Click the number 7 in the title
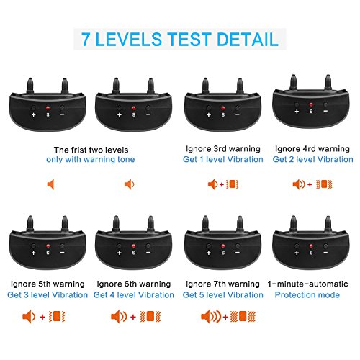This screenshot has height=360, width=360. click(x=86, y=39)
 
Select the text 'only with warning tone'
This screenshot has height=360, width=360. click(x=91, y=159)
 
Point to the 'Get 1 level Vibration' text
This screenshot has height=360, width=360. click(x=223, y=159)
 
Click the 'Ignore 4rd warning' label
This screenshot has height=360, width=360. click(x=312, y=149)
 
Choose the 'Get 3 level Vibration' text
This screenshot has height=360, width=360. click(x=48, y=294)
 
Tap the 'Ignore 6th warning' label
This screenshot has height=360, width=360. click(x=134, y=284)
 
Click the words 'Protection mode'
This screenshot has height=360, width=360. click(x=307, y=294)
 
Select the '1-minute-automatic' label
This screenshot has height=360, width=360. click(x=307, y=284)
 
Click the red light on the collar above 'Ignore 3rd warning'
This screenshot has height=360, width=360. click(x=223, y=108)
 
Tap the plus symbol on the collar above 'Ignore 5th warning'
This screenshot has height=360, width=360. click(x=34, y=253)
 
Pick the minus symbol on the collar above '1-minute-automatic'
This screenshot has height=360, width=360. click(x=325, y=253)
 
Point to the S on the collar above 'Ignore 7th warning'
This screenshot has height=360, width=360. click(x=223, y=253)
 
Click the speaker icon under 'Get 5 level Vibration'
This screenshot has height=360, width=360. click(x=211, y=317)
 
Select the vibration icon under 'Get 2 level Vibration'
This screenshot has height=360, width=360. click(x=324, y=184)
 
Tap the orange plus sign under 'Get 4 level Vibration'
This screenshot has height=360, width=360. click(x=133, y=317)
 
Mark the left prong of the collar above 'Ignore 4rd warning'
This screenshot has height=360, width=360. click(x=293, y=82)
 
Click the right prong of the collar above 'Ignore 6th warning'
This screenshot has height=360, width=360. click(x=150, y=224)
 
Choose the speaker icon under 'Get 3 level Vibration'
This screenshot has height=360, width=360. click(x=29, y=317)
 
